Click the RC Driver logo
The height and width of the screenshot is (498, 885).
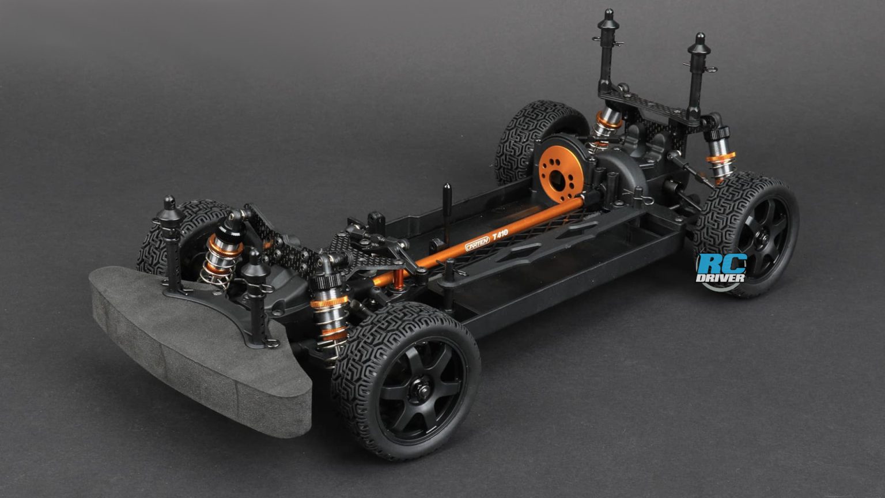click(x=721, y=269)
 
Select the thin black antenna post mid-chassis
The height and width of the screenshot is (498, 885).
click(x=448, y=199)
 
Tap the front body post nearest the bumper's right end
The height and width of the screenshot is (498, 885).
click(x=254, y=300)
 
